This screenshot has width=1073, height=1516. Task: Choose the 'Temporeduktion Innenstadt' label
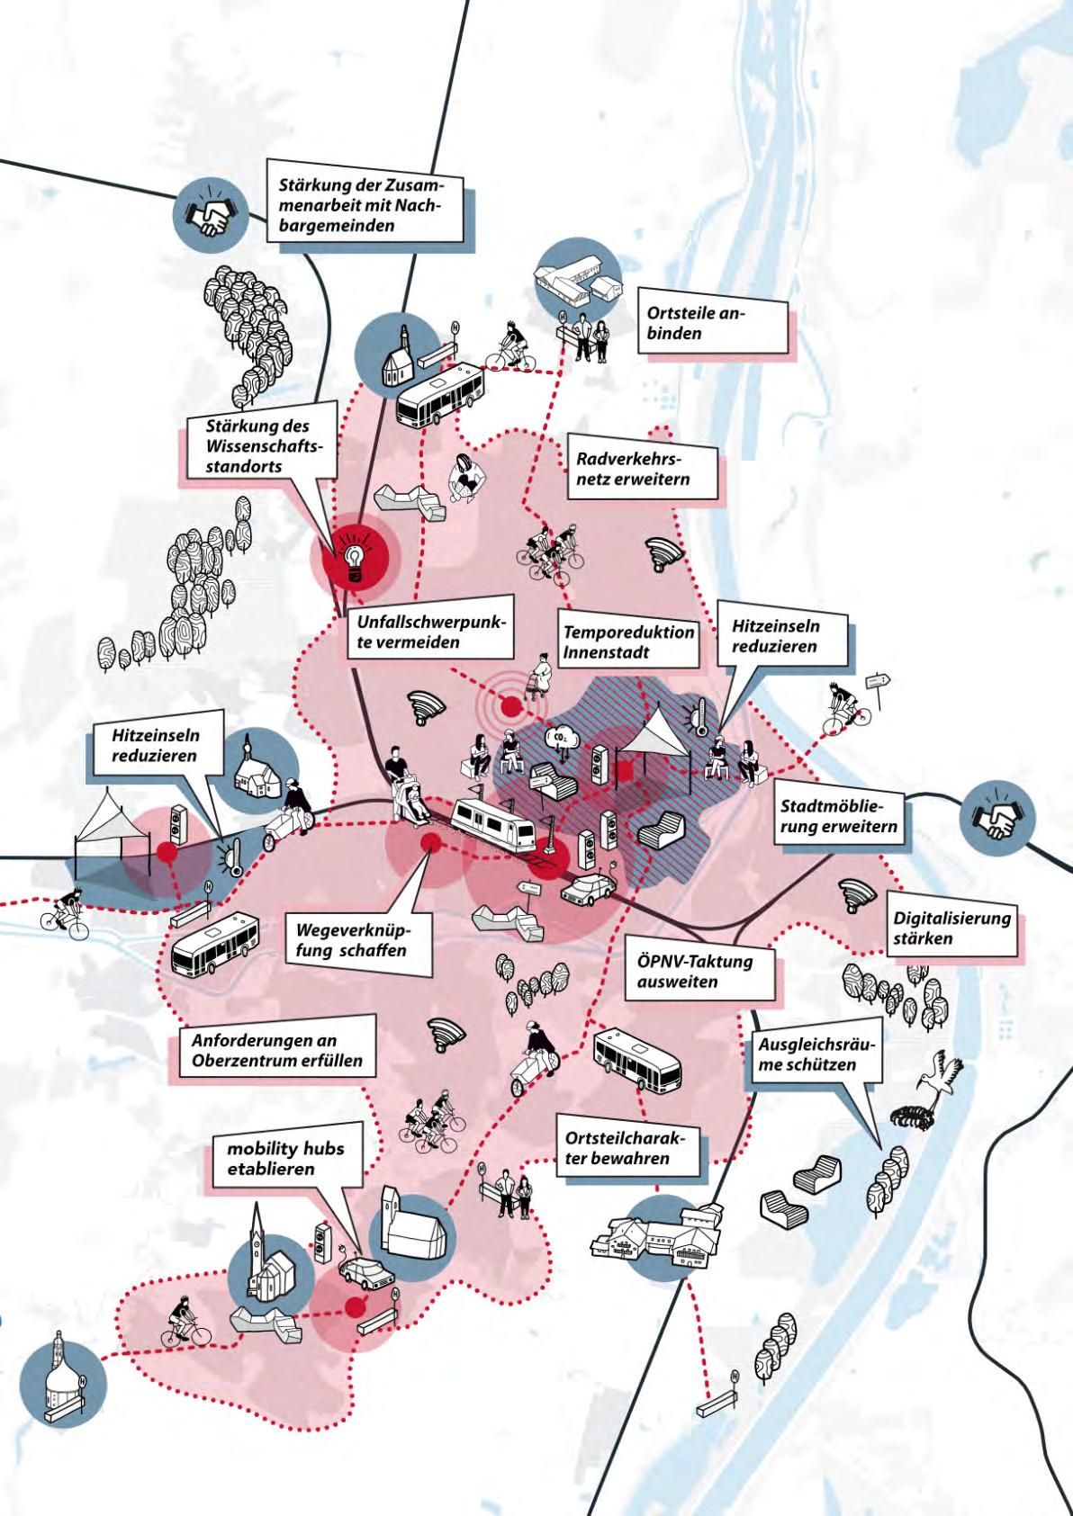click(x=627, y=641)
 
